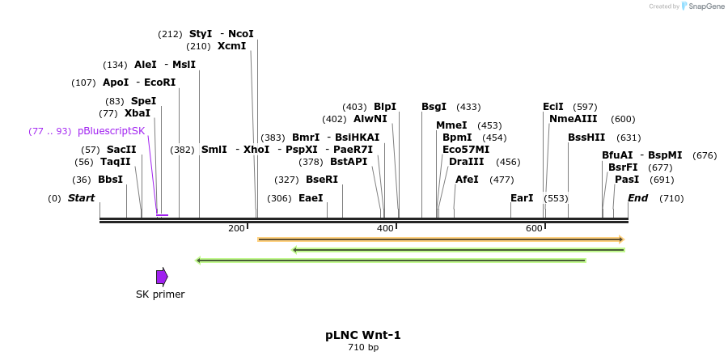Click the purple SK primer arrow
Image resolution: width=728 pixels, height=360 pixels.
[x=162, y=277]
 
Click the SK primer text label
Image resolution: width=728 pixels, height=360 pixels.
[x=160, y=294]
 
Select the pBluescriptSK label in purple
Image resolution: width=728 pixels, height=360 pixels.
[x=112, y=131]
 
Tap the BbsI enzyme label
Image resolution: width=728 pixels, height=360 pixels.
[x=110, y=180]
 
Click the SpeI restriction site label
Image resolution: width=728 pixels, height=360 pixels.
[x=143, y=101]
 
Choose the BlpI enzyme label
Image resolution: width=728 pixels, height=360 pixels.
[x=385, y=107]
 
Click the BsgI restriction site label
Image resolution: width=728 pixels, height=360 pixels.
[x=434, y=107]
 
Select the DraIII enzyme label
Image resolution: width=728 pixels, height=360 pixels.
[x=466, y=162]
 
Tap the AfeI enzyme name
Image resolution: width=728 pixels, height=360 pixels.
[x=467, y=180]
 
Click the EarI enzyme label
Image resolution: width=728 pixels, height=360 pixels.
[x=522, y=198]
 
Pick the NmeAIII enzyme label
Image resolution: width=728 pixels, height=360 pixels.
[x=573, y=119]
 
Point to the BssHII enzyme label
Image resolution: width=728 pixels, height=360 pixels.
[x=586, y=138]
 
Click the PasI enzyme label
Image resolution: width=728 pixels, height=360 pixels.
[x=627, y=180]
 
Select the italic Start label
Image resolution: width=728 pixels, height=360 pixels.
[x=81, y=198]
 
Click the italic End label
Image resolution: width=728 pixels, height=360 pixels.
[x=637, y=198]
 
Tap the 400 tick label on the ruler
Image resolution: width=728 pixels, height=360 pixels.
[x=385, y=229]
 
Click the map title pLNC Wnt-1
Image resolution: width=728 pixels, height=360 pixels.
[x=363, y=334]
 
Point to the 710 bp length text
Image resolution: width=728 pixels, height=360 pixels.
[x=363, y=348]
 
